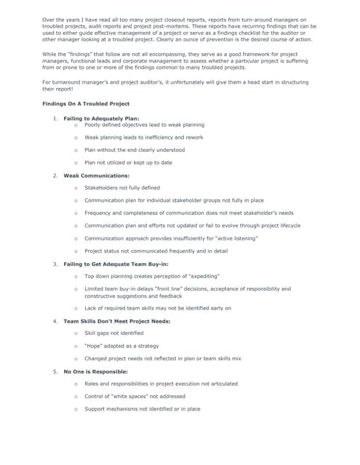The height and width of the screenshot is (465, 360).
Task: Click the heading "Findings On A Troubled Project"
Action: tap(86, 104)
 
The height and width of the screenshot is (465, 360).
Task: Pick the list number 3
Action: tap(55, 264)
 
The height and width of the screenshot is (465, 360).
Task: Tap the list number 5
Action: tap(55, 372)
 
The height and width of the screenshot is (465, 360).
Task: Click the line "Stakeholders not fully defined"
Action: tap(122, 187)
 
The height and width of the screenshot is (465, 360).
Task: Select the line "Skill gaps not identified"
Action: tap(115, 333)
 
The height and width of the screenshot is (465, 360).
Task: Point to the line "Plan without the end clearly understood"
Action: tap(135, 150)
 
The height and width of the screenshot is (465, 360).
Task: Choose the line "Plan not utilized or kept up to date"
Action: tap(128, 163)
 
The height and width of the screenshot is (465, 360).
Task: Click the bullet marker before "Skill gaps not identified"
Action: tap(76, 333)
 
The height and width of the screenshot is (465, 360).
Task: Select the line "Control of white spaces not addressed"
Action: tap(135, 397)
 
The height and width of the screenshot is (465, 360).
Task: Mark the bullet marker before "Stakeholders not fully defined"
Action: tap(76, 187)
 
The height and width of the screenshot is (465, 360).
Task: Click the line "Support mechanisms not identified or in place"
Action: tap(143, 409)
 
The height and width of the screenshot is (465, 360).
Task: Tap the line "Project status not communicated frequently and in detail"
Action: tap(156, 251)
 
